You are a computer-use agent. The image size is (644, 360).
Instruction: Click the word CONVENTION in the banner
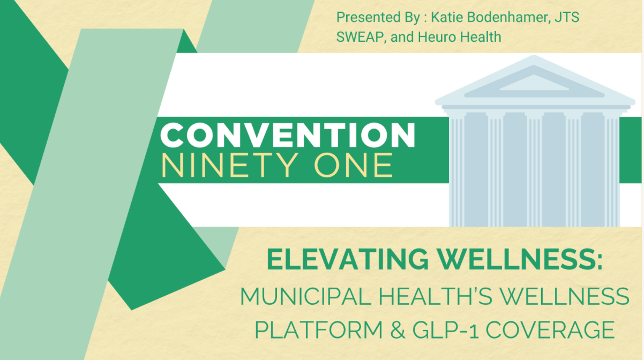[288, 135]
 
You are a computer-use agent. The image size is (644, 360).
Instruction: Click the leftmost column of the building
[457, 169]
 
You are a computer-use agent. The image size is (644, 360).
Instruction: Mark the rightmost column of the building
[611, 169]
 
